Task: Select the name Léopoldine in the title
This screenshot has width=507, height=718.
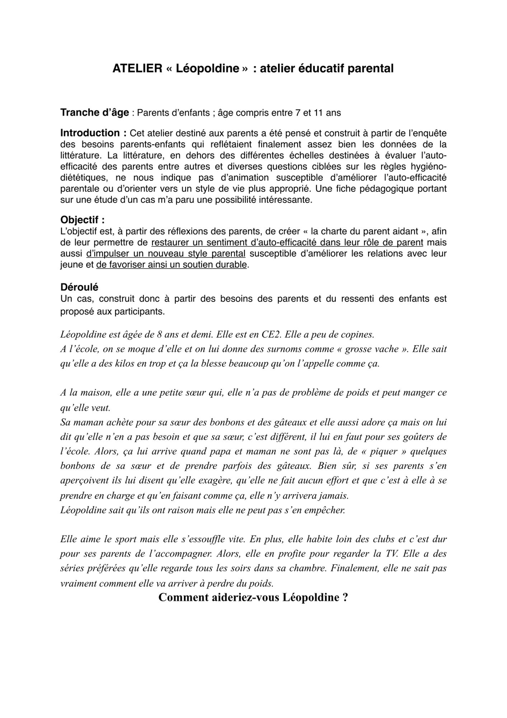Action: (x=207, y=68)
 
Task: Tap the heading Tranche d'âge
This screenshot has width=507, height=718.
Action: (x=94, y=113)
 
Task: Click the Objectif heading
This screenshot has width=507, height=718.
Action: (x=82, y=220)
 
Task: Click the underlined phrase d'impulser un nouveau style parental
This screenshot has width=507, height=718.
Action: (x=166, y=253)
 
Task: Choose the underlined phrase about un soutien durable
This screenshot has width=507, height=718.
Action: (x=172, y=265)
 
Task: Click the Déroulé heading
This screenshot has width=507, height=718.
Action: (x=79, y=287)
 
